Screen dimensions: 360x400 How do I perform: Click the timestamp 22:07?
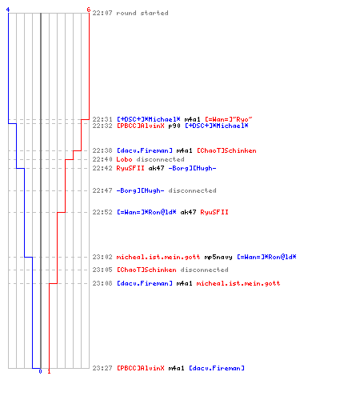pyautogui.click(x=102, y=13)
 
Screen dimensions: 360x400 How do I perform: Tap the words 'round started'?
pyautogui.click(x=142, y=13)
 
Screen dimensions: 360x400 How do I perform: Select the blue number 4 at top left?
pyautogui.click(x=8, y=10)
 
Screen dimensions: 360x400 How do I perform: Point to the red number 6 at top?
pyautogui.click(x=89, y=10)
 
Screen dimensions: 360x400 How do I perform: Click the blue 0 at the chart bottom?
pyautogui.click(x=40, y=371)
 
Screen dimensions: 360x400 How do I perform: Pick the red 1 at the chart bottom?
pyautogui.click(x=49, y=371)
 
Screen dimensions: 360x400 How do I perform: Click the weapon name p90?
pyautogui.click(x=174, y=126)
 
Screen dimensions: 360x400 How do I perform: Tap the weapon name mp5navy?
pyautogui.click(x=218, y=257)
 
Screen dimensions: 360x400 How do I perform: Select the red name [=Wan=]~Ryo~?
pyautogui.click(x=229, y=119)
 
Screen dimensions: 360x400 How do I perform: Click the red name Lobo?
pyautogui.click(x=124, y=159)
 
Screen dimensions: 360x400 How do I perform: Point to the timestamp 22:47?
pyautogui.click(x=102, y=190)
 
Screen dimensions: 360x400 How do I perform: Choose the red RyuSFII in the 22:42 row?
pyautogui.click(x=130, y=168)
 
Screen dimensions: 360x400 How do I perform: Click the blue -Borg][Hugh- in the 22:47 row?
pyautogui.click(x=140, y=190)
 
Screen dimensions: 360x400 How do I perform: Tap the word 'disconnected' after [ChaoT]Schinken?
pyautogui.click(x=204, y=270)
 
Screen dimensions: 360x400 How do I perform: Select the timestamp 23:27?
pyautogui.click(x=102, y=368)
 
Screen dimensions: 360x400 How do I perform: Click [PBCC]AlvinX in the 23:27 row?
pyautogui.click(x=141, y=368)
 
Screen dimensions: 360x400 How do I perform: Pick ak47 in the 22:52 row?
pyautogui.click(x=188, y=212)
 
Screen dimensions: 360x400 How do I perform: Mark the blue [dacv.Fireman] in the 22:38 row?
pyautogui.click(x=145, y=150)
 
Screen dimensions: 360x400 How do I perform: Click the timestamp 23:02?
pyautogui.click(x=102, y=257)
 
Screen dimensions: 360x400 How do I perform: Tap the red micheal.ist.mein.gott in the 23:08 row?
pyautogui.click(x=238, y=283)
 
